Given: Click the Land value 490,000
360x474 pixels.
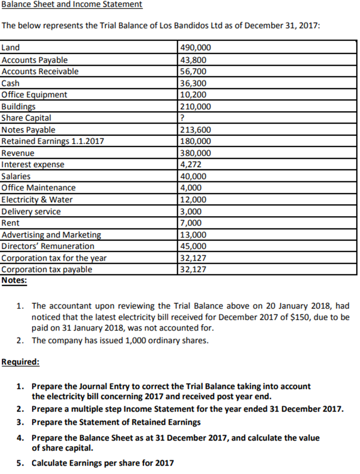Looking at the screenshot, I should point(195,47).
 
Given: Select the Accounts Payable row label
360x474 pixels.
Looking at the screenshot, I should point(35,60).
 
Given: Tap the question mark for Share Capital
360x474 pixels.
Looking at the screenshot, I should point(182,118).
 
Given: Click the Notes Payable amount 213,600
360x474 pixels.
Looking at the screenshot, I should point(195,130).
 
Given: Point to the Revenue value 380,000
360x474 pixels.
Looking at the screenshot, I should point(195,153).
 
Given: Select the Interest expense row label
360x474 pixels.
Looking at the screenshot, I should point(33,165).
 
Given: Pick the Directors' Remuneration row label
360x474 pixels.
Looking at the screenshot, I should point(48,246).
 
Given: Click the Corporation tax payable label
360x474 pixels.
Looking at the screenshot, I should point(47,269).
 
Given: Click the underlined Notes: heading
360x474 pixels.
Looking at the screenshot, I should point(14,280).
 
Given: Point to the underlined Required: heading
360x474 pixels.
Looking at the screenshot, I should point(21,361).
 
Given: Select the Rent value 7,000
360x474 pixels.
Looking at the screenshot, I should point(192,223).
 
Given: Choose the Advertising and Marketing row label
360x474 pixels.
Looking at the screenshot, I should point(52,235).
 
